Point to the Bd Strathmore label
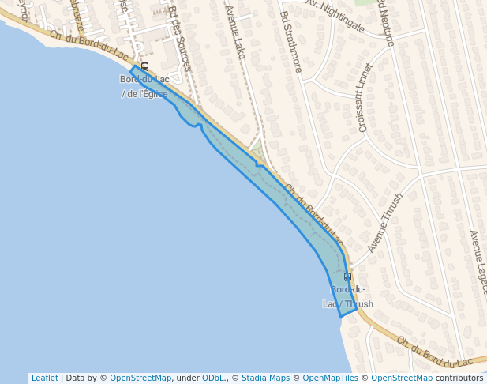(290, 41)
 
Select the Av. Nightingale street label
(335, 16)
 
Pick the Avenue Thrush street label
(385, 222)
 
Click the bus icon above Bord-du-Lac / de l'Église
(144, 67)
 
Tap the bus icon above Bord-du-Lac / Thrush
(347, 277)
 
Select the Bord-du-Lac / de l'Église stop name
(144, 86)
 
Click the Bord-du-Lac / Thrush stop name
(348, 296)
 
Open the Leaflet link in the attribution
(44, 378)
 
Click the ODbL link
(214, 378)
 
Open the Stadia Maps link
(265, 378)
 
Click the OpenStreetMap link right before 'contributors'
(402, 378)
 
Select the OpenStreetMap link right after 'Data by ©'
(140, 378)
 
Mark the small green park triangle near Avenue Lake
(257, 149)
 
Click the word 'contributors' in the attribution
(459, 378)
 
